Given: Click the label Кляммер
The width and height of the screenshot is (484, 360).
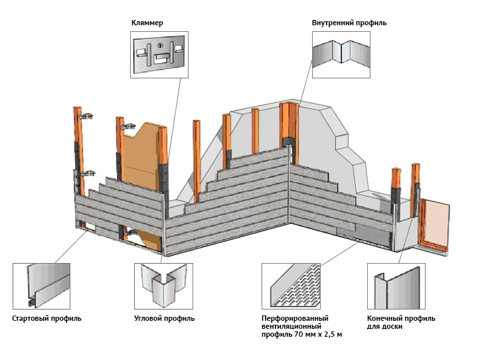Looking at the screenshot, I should click(147, 23).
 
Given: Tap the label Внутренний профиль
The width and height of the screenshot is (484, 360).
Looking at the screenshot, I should click(349, 23).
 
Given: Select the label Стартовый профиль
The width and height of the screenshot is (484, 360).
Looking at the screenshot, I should click(46, 318).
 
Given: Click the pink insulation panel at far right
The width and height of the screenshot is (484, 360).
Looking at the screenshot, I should click(436, 221).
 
